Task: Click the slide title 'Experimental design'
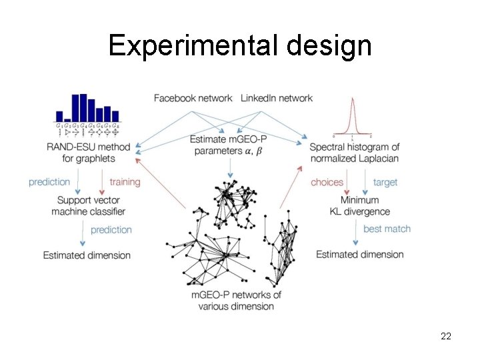click(x=240, y=45)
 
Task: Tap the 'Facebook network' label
click(x=193, y=98)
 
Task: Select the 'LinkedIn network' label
click(x=276, y=98)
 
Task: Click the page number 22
click(x=446, y=336)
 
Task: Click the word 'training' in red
click(x=125, y=181)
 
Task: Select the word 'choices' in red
click(x=327, y=182)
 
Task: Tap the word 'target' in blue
click(x=385, y=182)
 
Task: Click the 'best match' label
click(x=387, y=229)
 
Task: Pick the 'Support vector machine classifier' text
click(x=88, y=205)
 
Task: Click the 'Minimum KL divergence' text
click(x=359, y=205)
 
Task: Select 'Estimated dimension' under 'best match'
click(x=359, y=254)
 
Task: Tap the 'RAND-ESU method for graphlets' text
click(x=89, y=153)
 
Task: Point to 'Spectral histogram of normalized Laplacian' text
click(x=354, y=153)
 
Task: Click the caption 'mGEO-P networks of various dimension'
click(x=236, y=300)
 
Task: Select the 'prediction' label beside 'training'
click(x=49, y=181)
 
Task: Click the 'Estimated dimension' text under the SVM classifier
click(x=87, y=255)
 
